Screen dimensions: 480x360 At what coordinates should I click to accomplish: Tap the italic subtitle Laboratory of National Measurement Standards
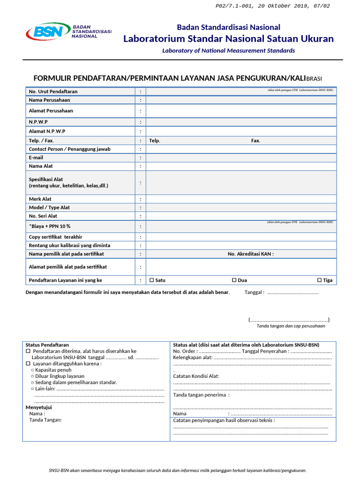pyautogui.click(x=228, y=51)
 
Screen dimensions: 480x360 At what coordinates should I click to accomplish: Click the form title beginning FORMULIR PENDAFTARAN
pyautogui.click(x=178, y=78)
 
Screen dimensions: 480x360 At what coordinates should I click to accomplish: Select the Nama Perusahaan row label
pyautogui.click(x=50, y=100)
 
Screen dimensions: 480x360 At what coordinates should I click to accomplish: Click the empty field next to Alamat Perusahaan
pyautogui.click(x=240, y=111)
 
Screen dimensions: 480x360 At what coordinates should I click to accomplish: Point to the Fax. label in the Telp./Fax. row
pyautogui.click(x=255, y=141)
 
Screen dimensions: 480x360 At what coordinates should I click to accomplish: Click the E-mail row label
pyautogui.click(x=36, y=157)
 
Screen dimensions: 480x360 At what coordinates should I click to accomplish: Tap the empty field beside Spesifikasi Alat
pyautogui.click(x=240, y=182)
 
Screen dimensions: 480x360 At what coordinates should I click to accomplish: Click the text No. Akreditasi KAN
pyautogui.click(x=251, y=254)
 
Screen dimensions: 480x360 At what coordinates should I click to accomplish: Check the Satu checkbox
pyautogui.click(x=151, y=280)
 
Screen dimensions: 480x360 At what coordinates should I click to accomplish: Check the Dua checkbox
pyautogui.click(x=234, y=280)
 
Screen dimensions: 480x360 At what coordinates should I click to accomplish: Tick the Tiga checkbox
pyautogui.click(x=319, y=280)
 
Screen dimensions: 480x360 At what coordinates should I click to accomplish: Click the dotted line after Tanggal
pyautogui.click(x=292, y=292)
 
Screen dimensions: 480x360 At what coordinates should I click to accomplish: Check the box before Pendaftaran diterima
pyautogui.click(x=28, y=351)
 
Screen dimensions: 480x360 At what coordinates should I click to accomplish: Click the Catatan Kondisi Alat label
pyautogui.click(x=196, y=376)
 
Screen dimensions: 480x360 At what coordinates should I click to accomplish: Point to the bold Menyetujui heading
pyautogui.click(x=38, y=407)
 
